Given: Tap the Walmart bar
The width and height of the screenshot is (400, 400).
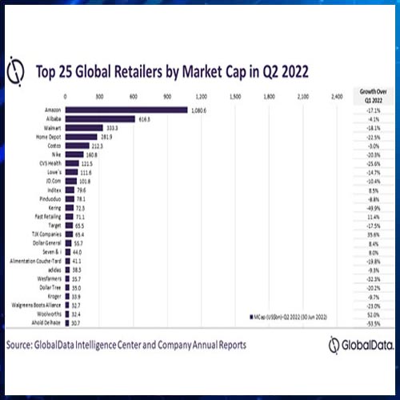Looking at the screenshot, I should point(84,127).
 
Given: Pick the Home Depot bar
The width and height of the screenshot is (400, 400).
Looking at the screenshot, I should point(81,136).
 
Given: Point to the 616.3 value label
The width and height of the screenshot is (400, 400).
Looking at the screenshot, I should point(146,118).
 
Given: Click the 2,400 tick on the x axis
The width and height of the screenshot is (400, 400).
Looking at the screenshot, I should point(336,97).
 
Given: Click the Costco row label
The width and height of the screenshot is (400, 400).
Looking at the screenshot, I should point(54,146).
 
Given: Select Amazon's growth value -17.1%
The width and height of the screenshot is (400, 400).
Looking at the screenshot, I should point(370,110).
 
